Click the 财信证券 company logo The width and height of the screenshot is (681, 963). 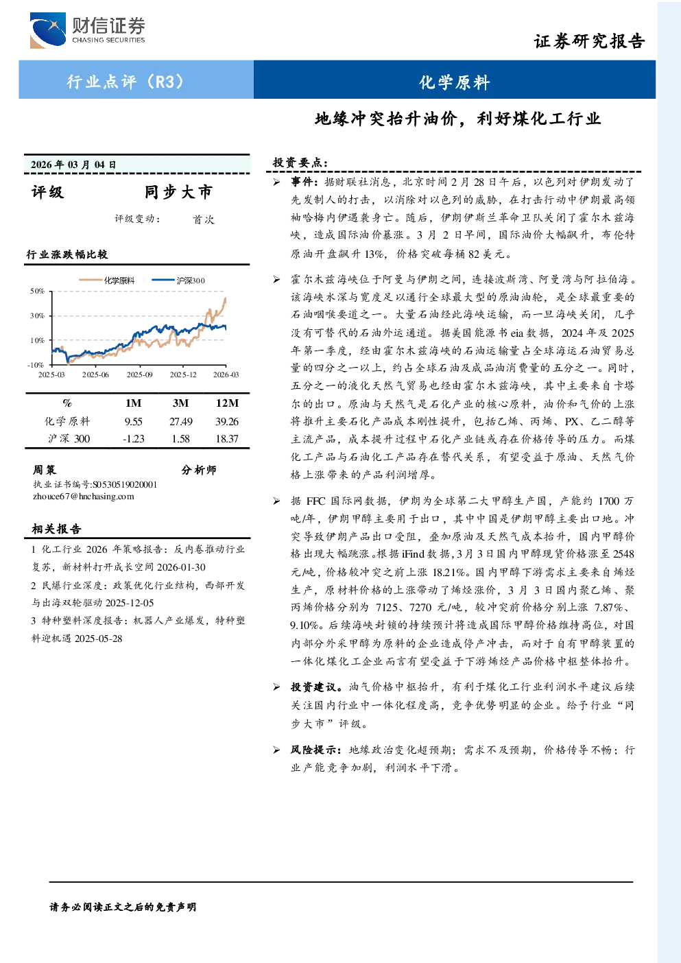coord(87,29)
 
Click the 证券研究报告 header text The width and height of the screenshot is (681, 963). coord(589,41)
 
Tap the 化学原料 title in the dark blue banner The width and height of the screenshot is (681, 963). coord(455,82)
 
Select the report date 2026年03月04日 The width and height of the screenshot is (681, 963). coord(73,165)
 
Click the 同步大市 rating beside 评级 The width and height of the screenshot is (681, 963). coord(178,192)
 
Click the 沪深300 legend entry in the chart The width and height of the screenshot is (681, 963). coord(178,281)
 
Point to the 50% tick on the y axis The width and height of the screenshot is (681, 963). coord(37,291)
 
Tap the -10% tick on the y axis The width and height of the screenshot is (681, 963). coord(36,365)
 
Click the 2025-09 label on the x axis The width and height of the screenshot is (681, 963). coord(139,374)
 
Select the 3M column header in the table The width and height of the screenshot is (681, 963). coord(180,403)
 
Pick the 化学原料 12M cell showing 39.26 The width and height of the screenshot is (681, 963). coord(227,421)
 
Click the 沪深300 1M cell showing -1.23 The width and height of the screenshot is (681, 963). coord(134,438)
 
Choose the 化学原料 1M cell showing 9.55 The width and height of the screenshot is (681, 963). coord(133,421)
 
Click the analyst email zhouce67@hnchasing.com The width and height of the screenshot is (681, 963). coord(84,497)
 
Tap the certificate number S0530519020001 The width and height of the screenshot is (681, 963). coord(125,484)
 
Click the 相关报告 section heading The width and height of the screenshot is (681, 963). coord(56,529)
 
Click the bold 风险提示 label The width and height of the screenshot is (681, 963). coord(316,750)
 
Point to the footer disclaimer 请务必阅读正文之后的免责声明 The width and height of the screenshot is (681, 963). coord(123,907)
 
